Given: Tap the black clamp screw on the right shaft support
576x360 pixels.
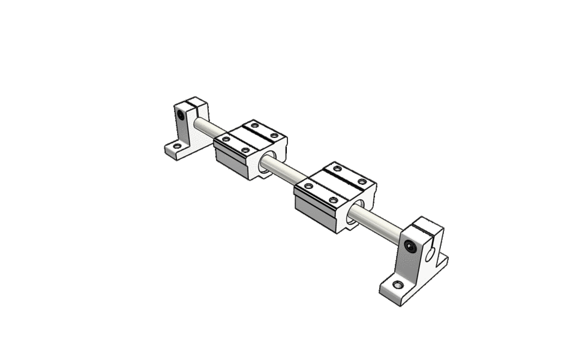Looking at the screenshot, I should point(410,245).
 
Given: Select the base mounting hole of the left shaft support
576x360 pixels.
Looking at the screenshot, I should point(176,146).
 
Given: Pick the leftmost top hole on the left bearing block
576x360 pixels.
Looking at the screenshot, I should point(226,139).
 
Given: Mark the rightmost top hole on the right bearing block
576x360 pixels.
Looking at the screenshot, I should point(362,182).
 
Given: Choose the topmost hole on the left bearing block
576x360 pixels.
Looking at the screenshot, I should point(254,126).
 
